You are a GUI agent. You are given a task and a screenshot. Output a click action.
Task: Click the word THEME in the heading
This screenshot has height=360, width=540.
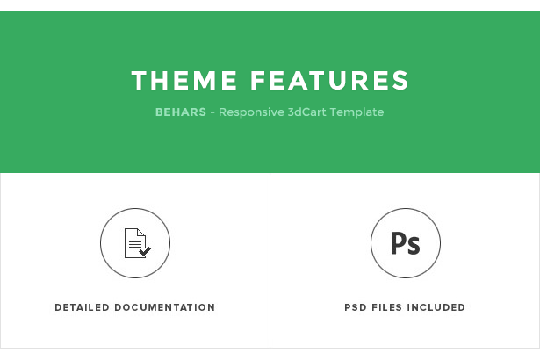coord(184,80)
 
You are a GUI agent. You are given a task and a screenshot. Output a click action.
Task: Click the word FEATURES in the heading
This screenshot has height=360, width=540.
coord(329,80)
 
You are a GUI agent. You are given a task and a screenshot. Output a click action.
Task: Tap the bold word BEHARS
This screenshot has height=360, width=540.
coord(181,112)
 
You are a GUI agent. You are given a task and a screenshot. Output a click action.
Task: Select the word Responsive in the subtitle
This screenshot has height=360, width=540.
coord(251,112)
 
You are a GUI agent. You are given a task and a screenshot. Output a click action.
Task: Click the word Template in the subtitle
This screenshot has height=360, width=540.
coord(356,112)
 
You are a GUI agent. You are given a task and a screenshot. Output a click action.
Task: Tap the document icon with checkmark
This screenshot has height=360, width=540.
coord(137,243)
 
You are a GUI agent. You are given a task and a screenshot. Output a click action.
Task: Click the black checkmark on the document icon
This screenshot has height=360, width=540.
coord(145,251)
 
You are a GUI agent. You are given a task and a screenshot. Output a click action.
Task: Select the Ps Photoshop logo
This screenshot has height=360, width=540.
coord(406,243)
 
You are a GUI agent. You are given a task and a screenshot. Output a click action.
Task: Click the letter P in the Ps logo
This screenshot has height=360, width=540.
coord(398,243)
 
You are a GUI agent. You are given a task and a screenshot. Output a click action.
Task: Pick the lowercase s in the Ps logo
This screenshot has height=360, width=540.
coord(414,246)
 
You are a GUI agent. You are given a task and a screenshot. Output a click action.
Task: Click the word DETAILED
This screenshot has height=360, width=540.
coord(82,307)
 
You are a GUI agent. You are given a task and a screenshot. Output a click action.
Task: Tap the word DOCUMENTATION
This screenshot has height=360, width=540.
coord(165,307)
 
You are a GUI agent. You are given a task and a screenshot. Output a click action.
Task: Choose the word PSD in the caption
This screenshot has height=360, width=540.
coord(356,307)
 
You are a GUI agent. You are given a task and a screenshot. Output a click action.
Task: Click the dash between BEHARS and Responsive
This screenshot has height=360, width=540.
coord(212,113)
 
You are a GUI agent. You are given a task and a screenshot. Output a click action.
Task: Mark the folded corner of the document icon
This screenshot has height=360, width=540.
coord(141,232)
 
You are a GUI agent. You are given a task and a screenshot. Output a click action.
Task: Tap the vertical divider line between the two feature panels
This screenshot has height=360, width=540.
coord(270,261)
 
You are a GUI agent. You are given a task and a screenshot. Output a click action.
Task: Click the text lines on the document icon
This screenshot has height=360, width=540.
coord(135,244)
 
